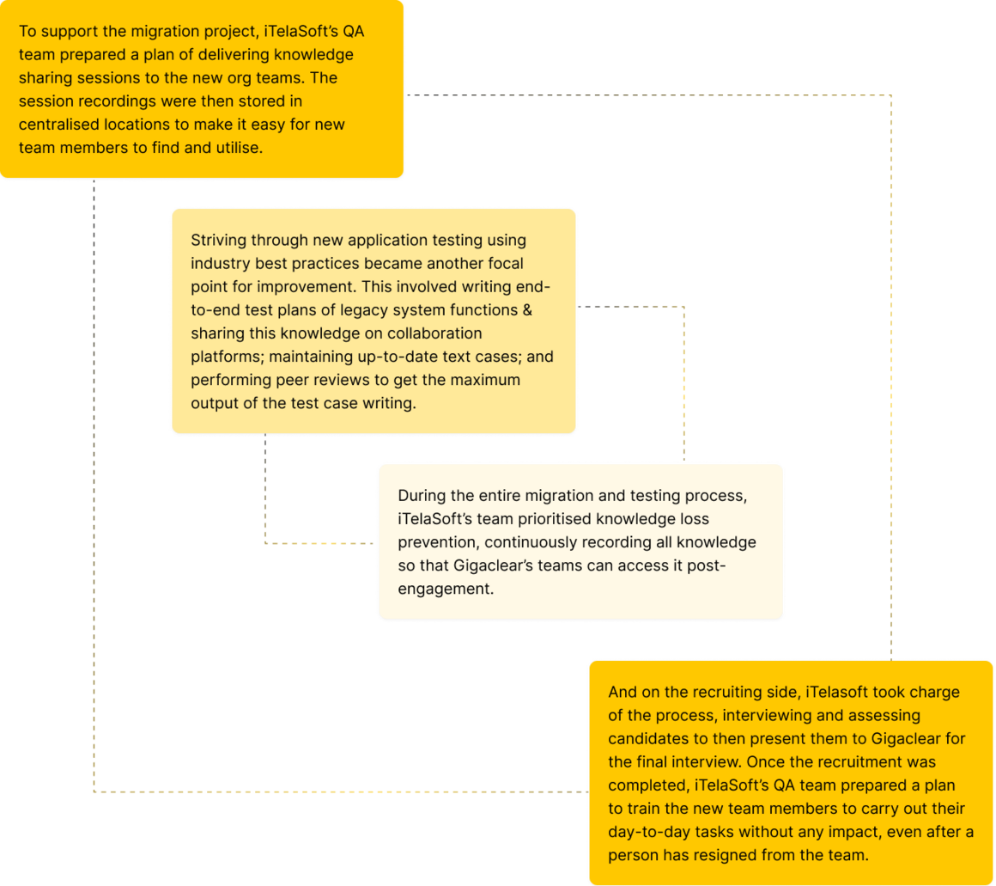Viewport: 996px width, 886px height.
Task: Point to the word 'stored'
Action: coord(252,101)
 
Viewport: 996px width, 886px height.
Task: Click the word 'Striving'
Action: coord(218,241)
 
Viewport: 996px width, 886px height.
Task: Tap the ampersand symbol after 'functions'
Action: coord(527,310)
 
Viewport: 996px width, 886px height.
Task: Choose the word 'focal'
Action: coord(505,263)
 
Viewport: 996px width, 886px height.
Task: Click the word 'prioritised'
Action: coord(558,519)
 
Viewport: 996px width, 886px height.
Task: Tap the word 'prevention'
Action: coord(437,543)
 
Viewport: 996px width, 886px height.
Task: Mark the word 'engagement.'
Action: coord(446,590)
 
